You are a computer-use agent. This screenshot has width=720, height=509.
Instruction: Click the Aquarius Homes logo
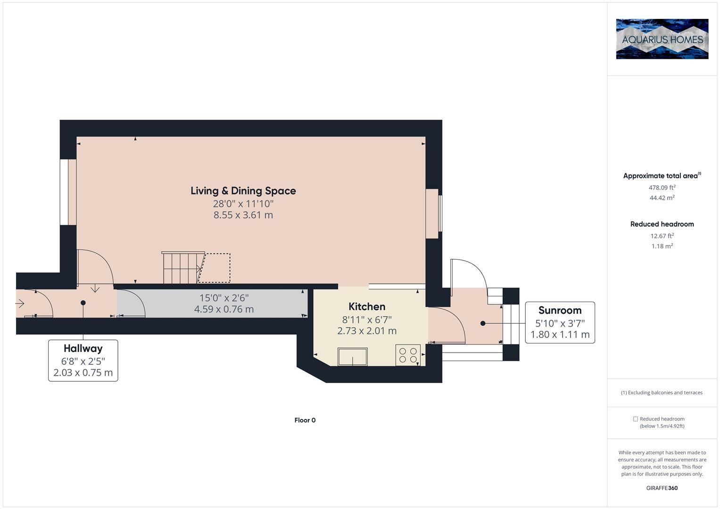coord(662,39)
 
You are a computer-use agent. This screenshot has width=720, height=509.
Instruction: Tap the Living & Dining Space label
coord(243,191)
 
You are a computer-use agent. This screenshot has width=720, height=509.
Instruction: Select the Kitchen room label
coord(367,306)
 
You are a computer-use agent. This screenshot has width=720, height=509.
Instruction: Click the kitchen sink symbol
coord(352,356)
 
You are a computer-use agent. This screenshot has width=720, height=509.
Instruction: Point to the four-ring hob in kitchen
coord(408,355)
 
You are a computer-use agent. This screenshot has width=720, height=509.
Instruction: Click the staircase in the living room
coord(182,268)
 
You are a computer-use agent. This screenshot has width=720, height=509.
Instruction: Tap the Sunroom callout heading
coord(560,310)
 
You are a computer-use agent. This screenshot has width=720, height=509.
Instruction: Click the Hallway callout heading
coord(83,348)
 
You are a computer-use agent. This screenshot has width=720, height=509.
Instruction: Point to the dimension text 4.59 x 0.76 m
coord(224,310)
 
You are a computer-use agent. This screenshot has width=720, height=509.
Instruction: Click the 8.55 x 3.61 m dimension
coord(243,215)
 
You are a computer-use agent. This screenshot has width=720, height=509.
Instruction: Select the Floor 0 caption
coord(305,420)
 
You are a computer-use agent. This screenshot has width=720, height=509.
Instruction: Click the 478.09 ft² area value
coord(662,188)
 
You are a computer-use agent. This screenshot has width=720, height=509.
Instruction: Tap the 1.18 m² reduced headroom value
coord(662,246)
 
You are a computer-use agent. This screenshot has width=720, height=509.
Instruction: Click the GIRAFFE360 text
coord(662,488)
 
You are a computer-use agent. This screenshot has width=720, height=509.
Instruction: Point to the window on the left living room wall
coord(68,192)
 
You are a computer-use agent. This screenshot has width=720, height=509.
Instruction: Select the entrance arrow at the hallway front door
coord(20,304)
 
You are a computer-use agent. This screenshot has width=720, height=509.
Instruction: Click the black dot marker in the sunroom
coord(483,323)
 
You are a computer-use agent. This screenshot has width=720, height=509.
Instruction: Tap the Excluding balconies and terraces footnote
coord(662,393)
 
